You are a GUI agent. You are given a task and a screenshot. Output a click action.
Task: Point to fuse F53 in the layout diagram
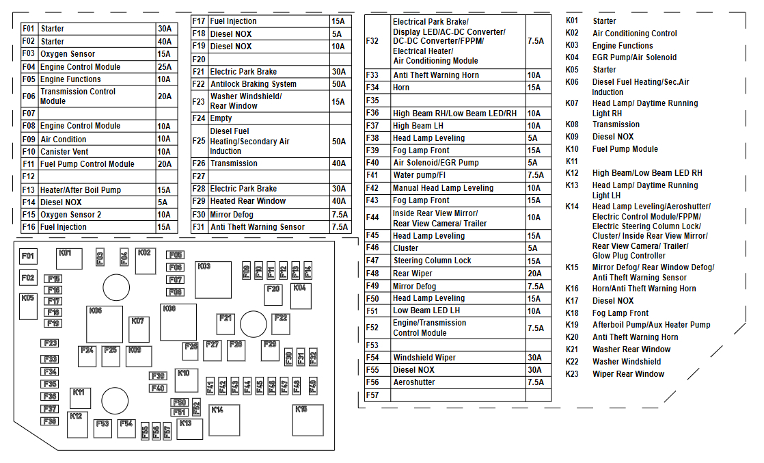[103, 428]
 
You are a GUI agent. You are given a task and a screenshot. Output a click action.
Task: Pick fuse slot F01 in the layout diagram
[28, 257]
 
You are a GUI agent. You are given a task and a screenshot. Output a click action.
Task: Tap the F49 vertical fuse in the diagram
[314, 386]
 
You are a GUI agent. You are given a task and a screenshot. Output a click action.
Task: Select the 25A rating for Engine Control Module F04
[165, 67]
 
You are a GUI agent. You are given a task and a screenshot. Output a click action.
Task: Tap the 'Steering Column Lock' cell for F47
[458, 261]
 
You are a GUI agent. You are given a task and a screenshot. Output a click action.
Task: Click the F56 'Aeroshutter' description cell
[458, 382]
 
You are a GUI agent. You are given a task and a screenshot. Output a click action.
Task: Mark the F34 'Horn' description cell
[458, 88]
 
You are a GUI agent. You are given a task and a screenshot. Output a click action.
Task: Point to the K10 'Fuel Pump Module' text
[625, 149]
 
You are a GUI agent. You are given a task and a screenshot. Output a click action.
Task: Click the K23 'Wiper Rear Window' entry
[628, 374]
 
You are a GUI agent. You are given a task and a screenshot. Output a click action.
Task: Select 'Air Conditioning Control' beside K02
[635, 34]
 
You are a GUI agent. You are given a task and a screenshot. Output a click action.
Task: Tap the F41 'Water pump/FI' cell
[458, 175]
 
